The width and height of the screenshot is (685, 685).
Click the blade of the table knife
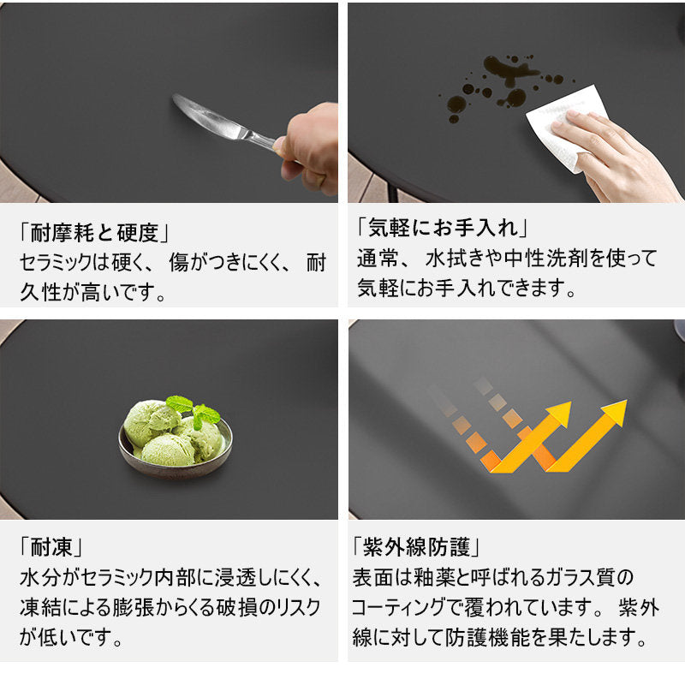click(x=206, y=116)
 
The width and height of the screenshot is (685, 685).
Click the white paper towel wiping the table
click(x=567, y=127)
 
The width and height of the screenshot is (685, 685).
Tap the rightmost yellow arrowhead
click(x=615, y=412)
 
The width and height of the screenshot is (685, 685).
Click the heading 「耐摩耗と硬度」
click(x=94, y=232)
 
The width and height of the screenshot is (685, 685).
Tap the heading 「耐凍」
click(x=51, y=546)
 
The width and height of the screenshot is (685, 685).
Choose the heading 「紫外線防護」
click(x=416, y=546)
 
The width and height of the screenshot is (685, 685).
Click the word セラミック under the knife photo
click(x=56, y=262)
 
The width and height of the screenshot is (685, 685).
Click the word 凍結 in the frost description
click(x=40, y=608)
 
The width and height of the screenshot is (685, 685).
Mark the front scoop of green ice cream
click(x=168, y=450)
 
